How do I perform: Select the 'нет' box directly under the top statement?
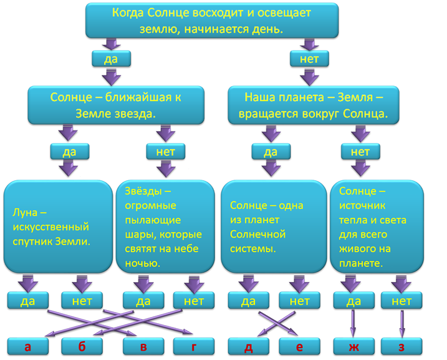click(310, 59)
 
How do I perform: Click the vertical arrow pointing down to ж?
click(353, 323)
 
